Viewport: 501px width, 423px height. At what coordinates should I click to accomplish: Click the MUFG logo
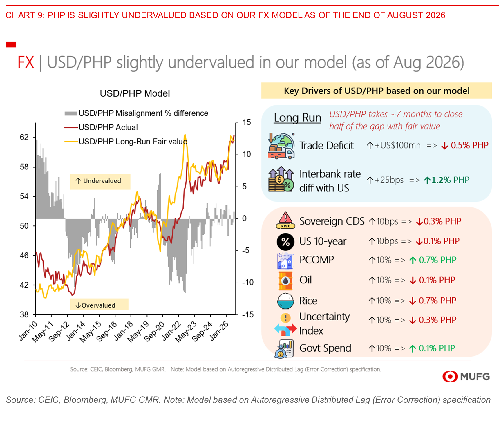pyautogui.click(x=466, y=376)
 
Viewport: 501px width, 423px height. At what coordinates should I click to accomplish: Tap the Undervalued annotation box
pyautogui.click(x=100, y=182)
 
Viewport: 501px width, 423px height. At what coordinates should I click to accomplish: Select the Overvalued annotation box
pyautogui.click(x=99, y=305)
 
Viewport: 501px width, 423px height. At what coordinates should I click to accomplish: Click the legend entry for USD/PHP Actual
pyautogui.click(x=101, y=127)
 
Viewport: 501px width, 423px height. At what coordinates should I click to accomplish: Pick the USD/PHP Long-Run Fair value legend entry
pyautogui.click(x=126, y=142)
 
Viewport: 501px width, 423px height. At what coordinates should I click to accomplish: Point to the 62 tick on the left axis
pyautogui.click(x=24, y=137)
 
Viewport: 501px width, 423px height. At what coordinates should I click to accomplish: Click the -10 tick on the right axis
pyautogui.click(x=248, y=282)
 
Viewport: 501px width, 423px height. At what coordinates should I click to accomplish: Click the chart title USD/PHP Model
pyautogui.click(x=135, y=94)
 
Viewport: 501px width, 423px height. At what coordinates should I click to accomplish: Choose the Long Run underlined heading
pyautogui.click(x=297, y=118)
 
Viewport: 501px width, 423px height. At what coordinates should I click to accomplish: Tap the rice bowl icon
pyautogui.click(x=285, y=301)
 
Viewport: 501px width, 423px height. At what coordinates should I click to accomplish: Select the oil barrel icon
pyautogui.click(x=285, y=281)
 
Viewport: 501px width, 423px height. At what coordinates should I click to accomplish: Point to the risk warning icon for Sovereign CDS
pyautogui.click(x=285, y=220)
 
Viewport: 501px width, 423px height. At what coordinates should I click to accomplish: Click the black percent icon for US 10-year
pyautogui.click(x=285, y=242)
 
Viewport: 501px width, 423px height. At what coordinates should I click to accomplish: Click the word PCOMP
pyautogui.click(x=316, y=260)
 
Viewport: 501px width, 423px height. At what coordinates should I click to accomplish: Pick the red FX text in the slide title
pyautogui.click(x=26, y=62)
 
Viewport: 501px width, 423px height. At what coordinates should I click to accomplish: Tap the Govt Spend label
pyautogui.click(x=325, y=348)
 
